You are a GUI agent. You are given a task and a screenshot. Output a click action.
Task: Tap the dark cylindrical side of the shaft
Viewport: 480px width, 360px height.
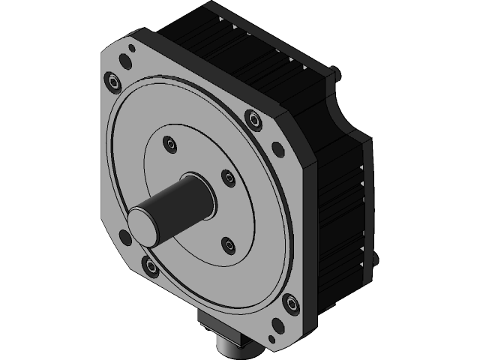[x=180, y=198]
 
